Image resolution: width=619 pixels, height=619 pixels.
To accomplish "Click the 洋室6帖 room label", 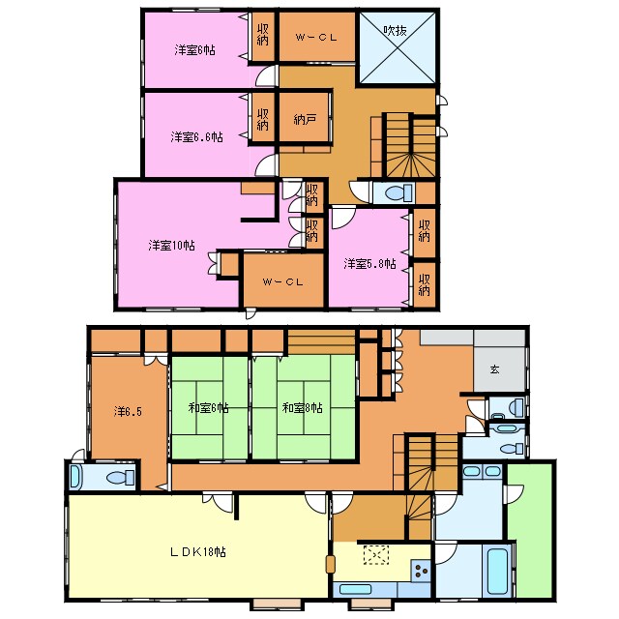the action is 194,50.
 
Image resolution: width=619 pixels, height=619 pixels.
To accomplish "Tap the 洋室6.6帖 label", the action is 196,137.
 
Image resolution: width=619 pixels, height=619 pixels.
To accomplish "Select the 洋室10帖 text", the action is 172,245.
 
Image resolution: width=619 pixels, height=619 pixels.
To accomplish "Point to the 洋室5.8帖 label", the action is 369,263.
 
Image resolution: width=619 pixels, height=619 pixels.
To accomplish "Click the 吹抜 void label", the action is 396,30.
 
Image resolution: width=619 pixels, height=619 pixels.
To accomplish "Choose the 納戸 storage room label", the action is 305,119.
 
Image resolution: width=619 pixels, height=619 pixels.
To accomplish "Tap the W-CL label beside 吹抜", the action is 316,38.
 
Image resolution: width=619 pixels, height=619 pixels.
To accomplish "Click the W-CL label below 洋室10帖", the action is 282,281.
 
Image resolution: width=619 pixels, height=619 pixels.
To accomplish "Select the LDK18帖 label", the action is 197,551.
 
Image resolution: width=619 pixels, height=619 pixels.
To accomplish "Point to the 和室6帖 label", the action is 209,408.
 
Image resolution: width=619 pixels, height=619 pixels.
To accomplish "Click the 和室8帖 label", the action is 303,408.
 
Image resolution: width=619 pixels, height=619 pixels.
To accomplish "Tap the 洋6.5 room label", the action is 128,412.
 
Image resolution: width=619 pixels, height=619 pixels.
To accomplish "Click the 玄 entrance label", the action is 494,369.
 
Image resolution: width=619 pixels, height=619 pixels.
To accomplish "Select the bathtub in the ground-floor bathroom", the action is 496,571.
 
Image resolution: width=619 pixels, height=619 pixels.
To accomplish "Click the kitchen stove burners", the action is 421,571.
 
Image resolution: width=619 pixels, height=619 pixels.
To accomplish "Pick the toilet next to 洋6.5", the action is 120,478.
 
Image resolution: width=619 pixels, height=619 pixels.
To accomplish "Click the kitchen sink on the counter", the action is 355,589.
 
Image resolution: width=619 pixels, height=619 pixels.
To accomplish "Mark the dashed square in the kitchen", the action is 376,555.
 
